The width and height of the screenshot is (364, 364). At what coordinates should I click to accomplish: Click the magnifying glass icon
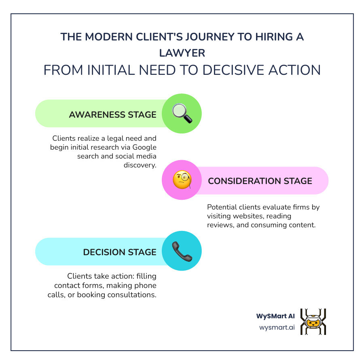[x=182, y=114]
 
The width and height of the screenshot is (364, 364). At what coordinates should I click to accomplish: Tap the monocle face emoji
[x=182, y=180]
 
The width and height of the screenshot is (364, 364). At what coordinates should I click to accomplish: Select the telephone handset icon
[x=182, y=251]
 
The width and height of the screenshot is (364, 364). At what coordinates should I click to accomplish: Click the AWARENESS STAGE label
[x=112, y=114]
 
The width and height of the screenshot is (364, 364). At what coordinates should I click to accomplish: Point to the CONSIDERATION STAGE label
[x=260, y=181]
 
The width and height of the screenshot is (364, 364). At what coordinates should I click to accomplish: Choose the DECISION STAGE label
[x=120, y=252]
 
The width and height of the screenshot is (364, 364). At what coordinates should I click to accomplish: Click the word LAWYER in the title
[x=182, y=53]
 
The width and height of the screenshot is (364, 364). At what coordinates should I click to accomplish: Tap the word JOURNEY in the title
[x=171, y=37]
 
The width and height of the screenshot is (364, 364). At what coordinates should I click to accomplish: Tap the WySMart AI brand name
[x=275, y=316]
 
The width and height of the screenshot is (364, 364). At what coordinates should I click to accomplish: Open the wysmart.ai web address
[x=277, y=327]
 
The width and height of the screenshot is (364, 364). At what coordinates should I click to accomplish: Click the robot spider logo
[x=313, y=322]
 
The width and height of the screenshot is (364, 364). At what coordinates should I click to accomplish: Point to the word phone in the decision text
[x=147, y=286]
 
